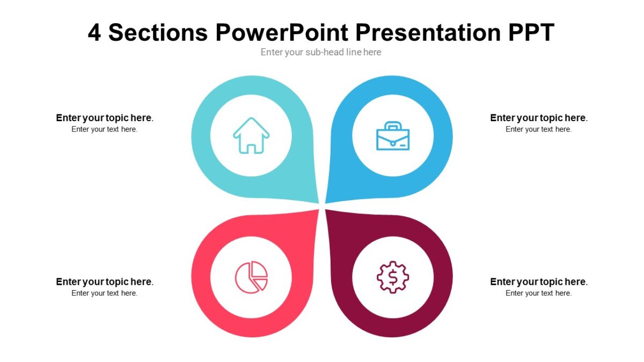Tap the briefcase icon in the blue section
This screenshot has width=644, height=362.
(393, 136)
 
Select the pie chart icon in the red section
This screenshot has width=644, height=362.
(251, 277)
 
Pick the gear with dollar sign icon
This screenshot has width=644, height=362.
(393, 277)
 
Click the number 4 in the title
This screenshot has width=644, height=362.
(94, 33)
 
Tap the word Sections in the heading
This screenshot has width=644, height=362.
(158, 33)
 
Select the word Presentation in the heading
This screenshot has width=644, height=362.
(428, 33)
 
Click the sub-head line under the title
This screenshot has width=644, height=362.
(321, 52)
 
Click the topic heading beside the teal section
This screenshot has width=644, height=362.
(105, 118)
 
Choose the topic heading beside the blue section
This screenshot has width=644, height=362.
(539, 118)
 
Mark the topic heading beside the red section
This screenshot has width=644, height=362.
(105, 282)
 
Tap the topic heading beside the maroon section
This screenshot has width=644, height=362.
(539, 282)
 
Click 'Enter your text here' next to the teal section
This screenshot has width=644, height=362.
(105, 129)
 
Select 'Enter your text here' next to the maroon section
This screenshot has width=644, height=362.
(539, 293)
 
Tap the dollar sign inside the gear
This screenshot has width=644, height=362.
(393, 277)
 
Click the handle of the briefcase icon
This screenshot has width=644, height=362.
(393, 125)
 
